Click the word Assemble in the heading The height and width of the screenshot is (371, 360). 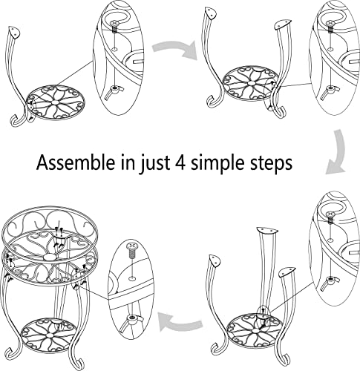point(76,162)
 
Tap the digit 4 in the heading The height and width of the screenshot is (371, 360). point(181,162)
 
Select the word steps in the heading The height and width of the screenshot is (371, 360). point(271,163)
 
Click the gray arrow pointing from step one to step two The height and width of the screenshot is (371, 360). point(175,50)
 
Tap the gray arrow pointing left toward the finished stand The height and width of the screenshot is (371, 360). point(180,321)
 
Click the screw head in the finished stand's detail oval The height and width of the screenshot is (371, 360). point(131,246)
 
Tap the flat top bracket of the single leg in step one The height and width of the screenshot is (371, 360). point(14,32)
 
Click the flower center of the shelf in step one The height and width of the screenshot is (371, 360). point(55,102)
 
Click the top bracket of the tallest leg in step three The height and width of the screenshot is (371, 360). point(266,231)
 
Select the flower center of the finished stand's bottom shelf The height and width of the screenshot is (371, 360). point(49,335)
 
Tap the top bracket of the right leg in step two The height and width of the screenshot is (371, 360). point(283,24)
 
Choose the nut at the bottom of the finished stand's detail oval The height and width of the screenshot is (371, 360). point(133,319)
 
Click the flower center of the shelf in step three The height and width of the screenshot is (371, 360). point(255,331)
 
